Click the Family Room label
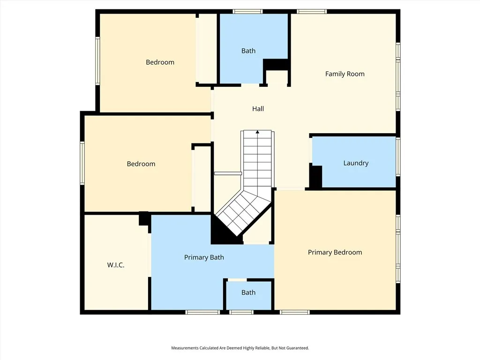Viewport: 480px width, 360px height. [x=345, y=74]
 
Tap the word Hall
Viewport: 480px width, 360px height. [x=258, y=109]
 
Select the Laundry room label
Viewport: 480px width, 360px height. [x=356, y=163]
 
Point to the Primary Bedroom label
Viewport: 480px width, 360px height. [x=335, y=252]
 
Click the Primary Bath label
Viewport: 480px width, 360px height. [x=204, y=257]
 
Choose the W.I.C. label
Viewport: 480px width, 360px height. [x=116, y=265]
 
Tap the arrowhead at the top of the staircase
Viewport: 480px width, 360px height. [x=257, y=132]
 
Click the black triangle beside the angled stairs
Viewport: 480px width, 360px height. [x=222, y=231]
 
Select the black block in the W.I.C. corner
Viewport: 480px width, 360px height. [x=144, y=218]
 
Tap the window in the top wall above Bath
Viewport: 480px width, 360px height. [x=247, y=12]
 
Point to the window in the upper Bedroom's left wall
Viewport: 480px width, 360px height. [x=97, y=61]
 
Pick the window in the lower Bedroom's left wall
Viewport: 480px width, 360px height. [x=82, y=163]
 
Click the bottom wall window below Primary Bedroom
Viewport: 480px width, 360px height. [x=295, y=312]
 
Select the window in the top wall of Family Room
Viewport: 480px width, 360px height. [x=312, y=12]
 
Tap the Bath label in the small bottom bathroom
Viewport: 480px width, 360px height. [x=248, y=292]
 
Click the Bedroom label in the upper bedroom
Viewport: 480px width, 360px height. [x=160, y=62]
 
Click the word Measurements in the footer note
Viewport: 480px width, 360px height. [x=185, y=348]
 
